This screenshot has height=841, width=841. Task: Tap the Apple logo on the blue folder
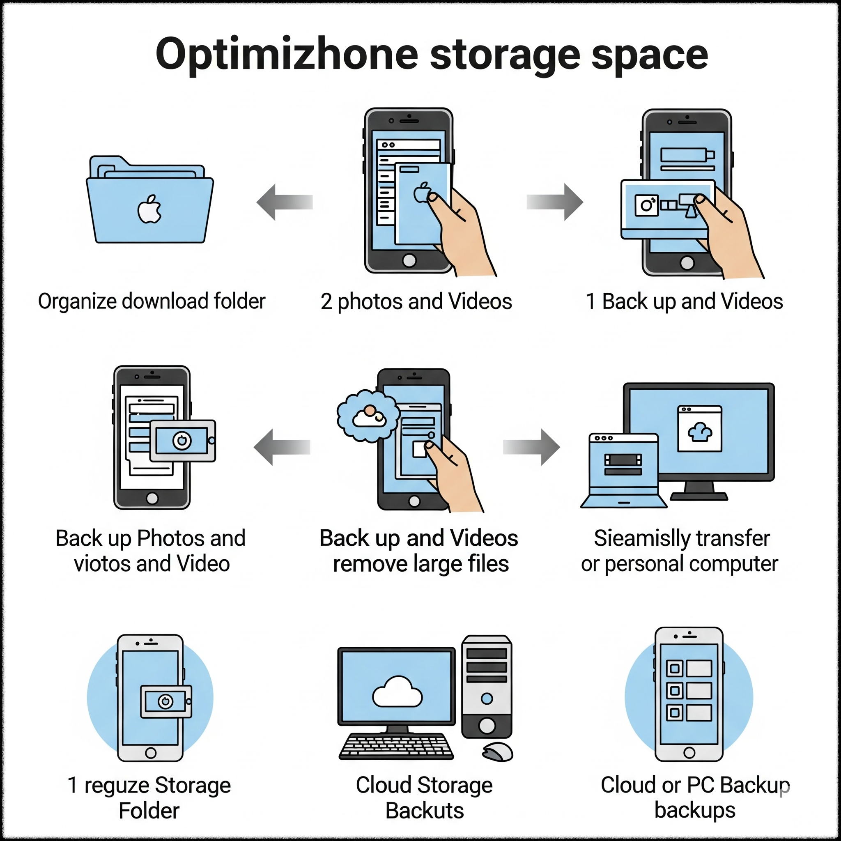(150, 209)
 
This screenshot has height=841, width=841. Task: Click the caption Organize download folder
(152, 301)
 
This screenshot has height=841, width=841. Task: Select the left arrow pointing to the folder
(285, 202)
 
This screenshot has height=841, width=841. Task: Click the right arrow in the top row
(554, 202)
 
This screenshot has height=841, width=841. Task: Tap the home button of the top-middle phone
(409, 260)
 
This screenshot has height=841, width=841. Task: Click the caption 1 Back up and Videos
(684, 301)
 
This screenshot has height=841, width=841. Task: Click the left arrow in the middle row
(282, 447)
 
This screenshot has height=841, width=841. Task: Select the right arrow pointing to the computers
(531, 447)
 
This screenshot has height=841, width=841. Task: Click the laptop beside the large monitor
(623, 470)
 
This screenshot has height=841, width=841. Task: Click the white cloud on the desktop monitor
(397, 692)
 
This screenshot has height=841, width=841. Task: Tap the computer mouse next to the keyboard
(498, 752)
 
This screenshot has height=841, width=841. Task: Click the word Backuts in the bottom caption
(425, 811)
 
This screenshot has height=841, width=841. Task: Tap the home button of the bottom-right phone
(689, 752)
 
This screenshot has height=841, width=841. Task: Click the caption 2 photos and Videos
(416, 301)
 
